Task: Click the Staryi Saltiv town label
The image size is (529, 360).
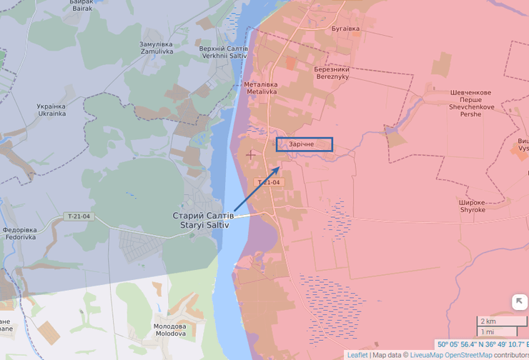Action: pos(203,220)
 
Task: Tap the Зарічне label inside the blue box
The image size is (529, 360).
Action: pos(303,145)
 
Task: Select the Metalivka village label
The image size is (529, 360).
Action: pos(261,88)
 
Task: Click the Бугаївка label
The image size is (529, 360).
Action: pos(345,29)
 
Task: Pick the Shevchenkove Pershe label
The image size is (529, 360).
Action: pos(471,103)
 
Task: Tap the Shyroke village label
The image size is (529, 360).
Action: pos(473,206)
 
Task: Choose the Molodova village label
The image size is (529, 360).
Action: pos(170,330)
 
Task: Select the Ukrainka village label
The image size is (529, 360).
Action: pos(51,110)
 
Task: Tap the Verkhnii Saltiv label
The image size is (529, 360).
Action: pos(224,52)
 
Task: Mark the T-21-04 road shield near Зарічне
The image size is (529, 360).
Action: pos(270,183)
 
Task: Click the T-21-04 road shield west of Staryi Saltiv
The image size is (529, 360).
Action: pos(79,216)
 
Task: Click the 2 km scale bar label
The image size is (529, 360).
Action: pos(488,321)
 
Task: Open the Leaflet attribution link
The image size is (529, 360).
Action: pos(357,355)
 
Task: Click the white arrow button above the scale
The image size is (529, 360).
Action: pos(518,302)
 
